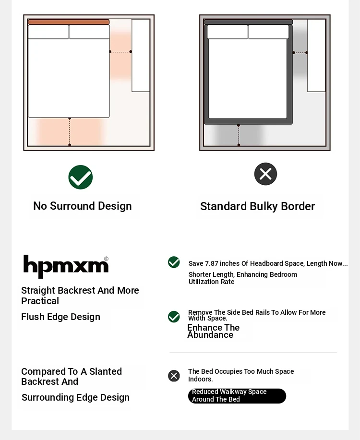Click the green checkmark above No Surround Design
[81, 177]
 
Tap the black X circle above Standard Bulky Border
[265, 174]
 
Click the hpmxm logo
[66, 266]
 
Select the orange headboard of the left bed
[69, 22]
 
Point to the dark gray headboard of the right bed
[248, 22]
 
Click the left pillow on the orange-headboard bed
[48, 32]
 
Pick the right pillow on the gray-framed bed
[268, 32]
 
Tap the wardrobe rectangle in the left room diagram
[141, 55]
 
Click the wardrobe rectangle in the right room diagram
[316, 55]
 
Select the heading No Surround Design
[82, 206]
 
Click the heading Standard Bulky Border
[257, 207]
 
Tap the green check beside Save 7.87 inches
[174, 262]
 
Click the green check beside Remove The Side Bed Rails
[174, 317]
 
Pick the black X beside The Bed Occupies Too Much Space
[174, 376]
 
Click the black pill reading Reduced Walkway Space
[237, 396]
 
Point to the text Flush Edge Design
[60, 317]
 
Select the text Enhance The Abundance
[213, 331]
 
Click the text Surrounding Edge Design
[75, 398]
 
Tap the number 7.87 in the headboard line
[213, 263]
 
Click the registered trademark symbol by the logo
[106, 259]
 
